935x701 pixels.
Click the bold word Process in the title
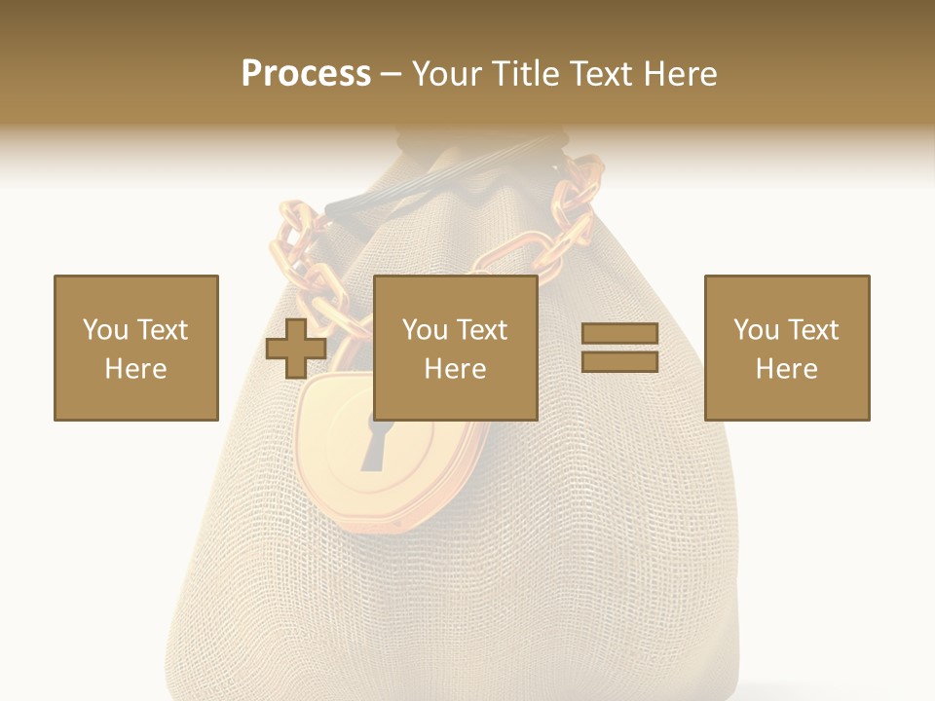306,74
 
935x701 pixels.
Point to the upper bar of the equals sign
619,334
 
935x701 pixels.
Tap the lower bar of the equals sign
619,362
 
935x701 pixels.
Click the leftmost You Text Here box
135,348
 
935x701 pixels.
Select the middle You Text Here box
455,348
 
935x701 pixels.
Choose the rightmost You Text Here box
786,348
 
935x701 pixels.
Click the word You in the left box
105,330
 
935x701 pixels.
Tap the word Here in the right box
786,369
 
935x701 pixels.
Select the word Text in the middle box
482,330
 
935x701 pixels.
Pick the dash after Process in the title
391,75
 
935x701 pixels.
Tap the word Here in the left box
135,369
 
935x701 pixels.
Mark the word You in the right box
756,330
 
